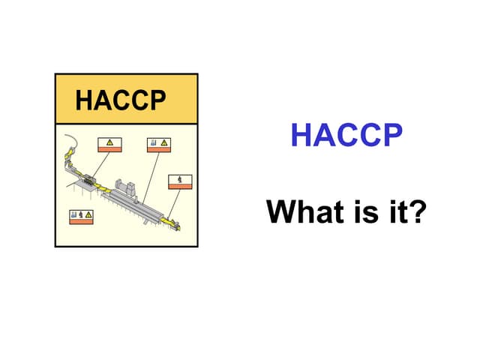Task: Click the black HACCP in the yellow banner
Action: pos(120,100)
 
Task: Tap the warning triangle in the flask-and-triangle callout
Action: pos(164,142)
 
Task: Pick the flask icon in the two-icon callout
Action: pos(154,142)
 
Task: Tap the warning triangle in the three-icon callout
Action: pos(88,215)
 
